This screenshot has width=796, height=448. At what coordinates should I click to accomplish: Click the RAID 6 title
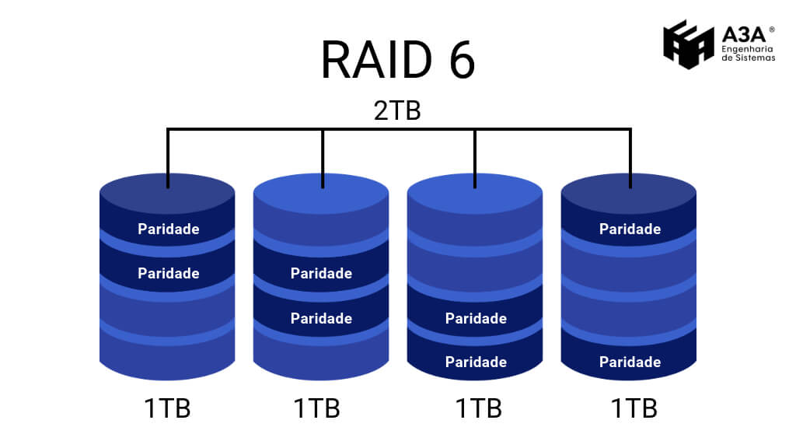(x=397, y=61)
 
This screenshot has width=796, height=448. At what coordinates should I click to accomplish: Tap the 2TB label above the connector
(x=397, y=110)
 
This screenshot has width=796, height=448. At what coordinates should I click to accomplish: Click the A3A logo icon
(x=688, y=44)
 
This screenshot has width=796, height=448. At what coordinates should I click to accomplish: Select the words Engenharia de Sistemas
(x=748, y=53)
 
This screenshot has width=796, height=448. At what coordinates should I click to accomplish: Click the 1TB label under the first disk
(x=167, y=408)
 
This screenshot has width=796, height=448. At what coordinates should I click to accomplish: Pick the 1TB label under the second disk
(x=316, y=408)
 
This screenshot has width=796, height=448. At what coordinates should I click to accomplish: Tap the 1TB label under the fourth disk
(x=634, y=408)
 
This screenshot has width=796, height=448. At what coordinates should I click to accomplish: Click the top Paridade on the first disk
(x=169, y=229)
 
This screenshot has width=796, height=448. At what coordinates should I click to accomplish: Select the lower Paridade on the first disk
(x=169, y=274)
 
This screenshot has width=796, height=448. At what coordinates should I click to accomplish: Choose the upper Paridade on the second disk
(x=321, y=274)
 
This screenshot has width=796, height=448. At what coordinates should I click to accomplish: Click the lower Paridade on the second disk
(x=321, y=319)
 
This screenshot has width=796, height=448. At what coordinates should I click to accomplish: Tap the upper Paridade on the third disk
(x=476, y=319)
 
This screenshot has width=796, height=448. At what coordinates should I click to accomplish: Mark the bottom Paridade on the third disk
(x=476, y=362)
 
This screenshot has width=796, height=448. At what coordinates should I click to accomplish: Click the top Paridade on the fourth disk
(x=630, y=229)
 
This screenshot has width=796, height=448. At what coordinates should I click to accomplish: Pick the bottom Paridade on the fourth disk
(x=630, y=362)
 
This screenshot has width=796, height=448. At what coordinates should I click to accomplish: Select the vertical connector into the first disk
(x=168, y=159)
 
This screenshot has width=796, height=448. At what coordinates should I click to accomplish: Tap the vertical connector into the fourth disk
(x=630, y=159)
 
